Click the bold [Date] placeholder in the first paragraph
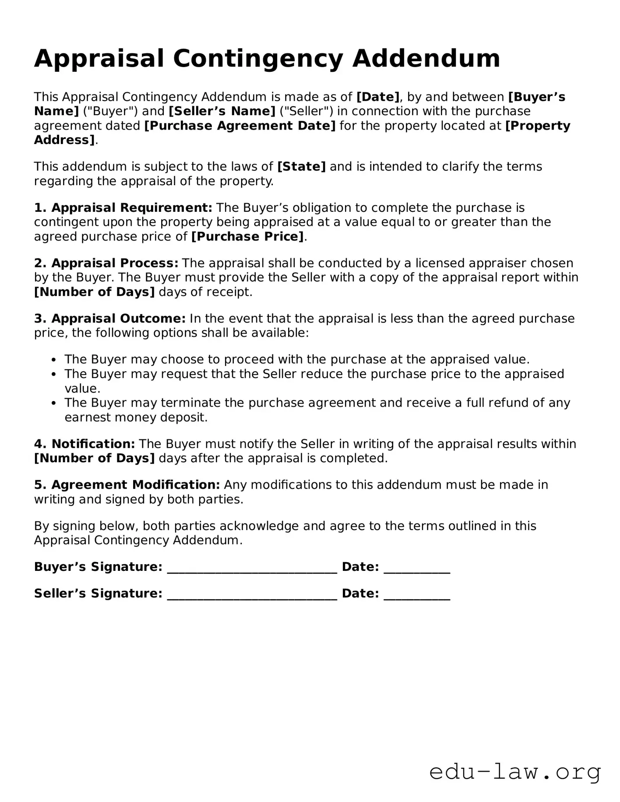pyautogui.click(x=378, y=97)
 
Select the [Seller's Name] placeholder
pyautogui.click(x=222, y=111)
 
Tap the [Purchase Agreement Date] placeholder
pyautogui.click(x=240, y=126)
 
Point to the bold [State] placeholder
pyautogui.click(x=301, y=167)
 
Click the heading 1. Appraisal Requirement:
pyautogui.click(x=123, y=208)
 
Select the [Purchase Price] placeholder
pyautogui.click(x=247, y=236)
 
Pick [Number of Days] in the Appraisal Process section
pyautogui.click(x=95, y=292)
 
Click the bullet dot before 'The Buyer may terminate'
pyautogui.click(x=53, y=403)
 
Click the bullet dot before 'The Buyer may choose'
pyautogui.click(x=53, y=360)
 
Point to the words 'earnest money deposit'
pyautogui.click(x=135, y=417)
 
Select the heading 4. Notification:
pyautogui.click(x=85, y=444)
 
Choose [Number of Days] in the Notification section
pyautogui.click(x=95, y=458)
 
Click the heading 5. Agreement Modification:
pyautogui.click(x=127, y=485)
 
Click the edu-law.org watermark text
pyautogui.click(x=515, y=772)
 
